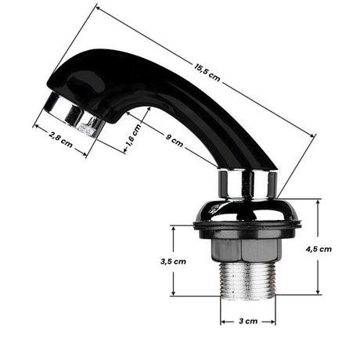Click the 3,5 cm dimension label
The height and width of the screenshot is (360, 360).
pos(174,261)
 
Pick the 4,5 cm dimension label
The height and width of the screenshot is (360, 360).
pos(319,249)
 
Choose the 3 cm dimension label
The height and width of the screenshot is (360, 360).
pos(247,322)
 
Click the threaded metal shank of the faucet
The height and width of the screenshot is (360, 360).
pos(247,281)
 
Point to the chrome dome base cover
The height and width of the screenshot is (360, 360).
pos(247,210)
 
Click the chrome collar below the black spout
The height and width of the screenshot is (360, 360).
pos(247,184)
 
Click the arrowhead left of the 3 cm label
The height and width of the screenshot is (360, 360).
pos(222,322)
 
